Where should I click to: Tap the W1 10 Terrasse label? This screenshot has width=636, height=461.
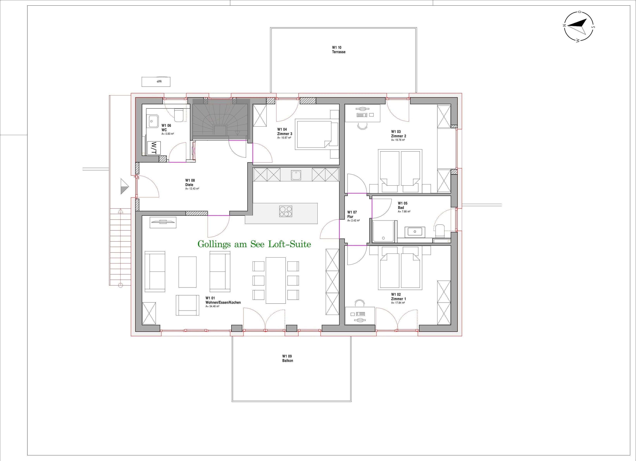point(339,50)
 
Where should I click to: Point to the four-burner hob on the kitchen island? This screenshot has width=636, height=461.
point(285,211)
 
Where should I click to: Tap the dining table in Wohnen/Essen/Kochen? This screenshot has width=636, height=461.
point(276,280)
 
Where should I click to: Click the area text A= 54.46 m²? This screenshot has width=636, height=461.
point(212,306)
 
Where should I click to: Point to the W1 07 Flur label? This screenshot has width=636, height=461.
point(352,214)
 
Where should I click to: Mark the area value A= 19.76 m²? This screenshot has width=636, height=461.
point(398,140)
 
